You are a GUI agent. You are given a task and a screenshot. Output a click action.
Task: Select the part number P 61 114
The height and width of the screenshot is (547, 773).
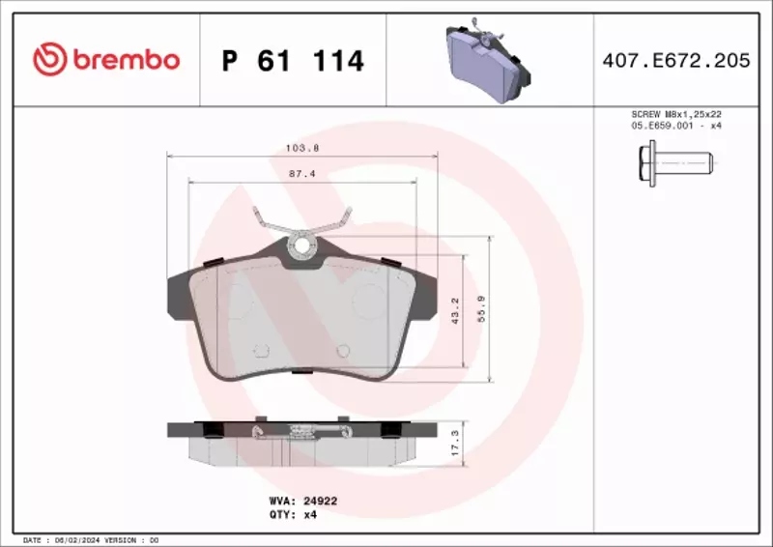click(x=293, y=61)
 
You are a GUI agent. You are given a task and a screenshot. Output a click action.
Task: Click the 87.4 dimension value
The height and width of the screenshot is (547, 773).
click(x=302, y=174)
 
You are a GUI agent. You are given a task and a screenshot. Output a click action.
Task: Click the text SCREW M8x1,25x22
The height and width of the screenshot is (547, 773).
click(x=675, y=114)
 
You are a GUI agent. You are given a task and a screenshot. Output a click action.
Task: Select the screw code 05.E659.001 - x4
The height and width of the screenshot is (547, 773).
click(x=675, y=126)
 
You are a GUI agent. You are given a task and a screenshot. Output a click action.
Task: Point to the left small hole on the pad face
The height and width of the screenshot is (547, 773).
click(x=258, y=352)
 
